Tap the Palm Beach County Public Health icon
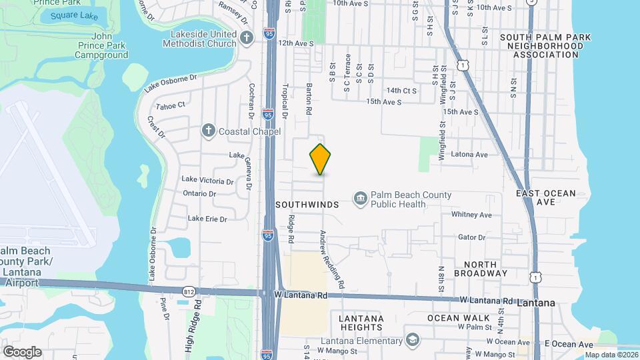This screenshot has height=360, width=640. (x=360, y=199)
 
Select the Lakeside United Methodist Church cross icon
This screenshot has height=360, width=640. (x=247, y=39)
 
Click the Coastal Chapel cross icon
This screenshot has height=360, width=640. (x=208, y=131)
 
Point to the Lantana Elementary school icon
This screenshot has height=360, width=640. (x=413, y=341)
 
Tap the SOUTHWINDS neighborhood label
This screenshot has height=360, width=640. (x=307, y=205)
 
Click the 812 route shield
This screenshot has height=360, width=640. (x=189, y=291)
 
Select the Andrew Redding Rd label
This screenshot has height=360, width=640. (x=331, y=259)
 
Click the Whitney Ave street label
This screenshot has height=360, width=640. (x=471, y=215)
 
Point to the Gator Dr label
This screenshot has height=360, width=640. (x=471, y=237)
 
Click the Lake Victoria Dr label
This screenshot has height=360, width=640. (x=208, y=181)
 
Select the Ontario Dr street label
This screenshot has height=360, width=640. (x=200, y=193)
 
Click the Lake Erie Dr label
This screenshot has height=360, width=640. (x=207, y=218)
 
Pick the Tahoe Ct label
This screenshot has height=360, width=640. (x=170, y=106)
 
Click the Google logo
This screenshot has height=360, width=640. (x=21, y=351)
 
